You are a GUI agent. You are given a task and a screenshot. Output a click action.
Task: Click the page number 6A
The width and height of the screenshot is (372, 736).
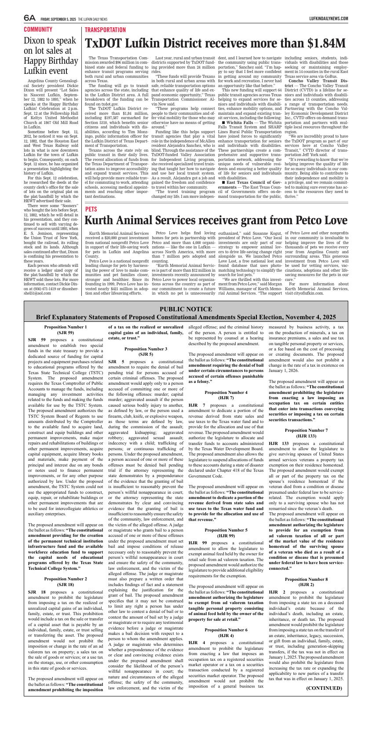point(30,18)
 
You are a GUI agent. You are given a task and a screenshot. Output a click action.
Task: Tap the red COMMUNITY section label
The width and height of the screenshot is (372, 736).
point(38,29)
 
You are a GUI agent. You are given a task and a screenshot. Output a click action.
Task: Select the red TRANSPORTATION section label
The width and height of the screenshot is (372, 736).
point(105,30)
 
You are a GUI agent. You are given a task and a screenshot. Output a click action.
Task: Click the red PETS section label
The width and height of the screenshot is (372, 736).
point(91,209)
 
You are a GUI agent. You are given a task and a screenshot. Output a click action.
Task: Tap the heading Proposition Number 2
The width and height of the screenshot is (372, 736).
point(66,579)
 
